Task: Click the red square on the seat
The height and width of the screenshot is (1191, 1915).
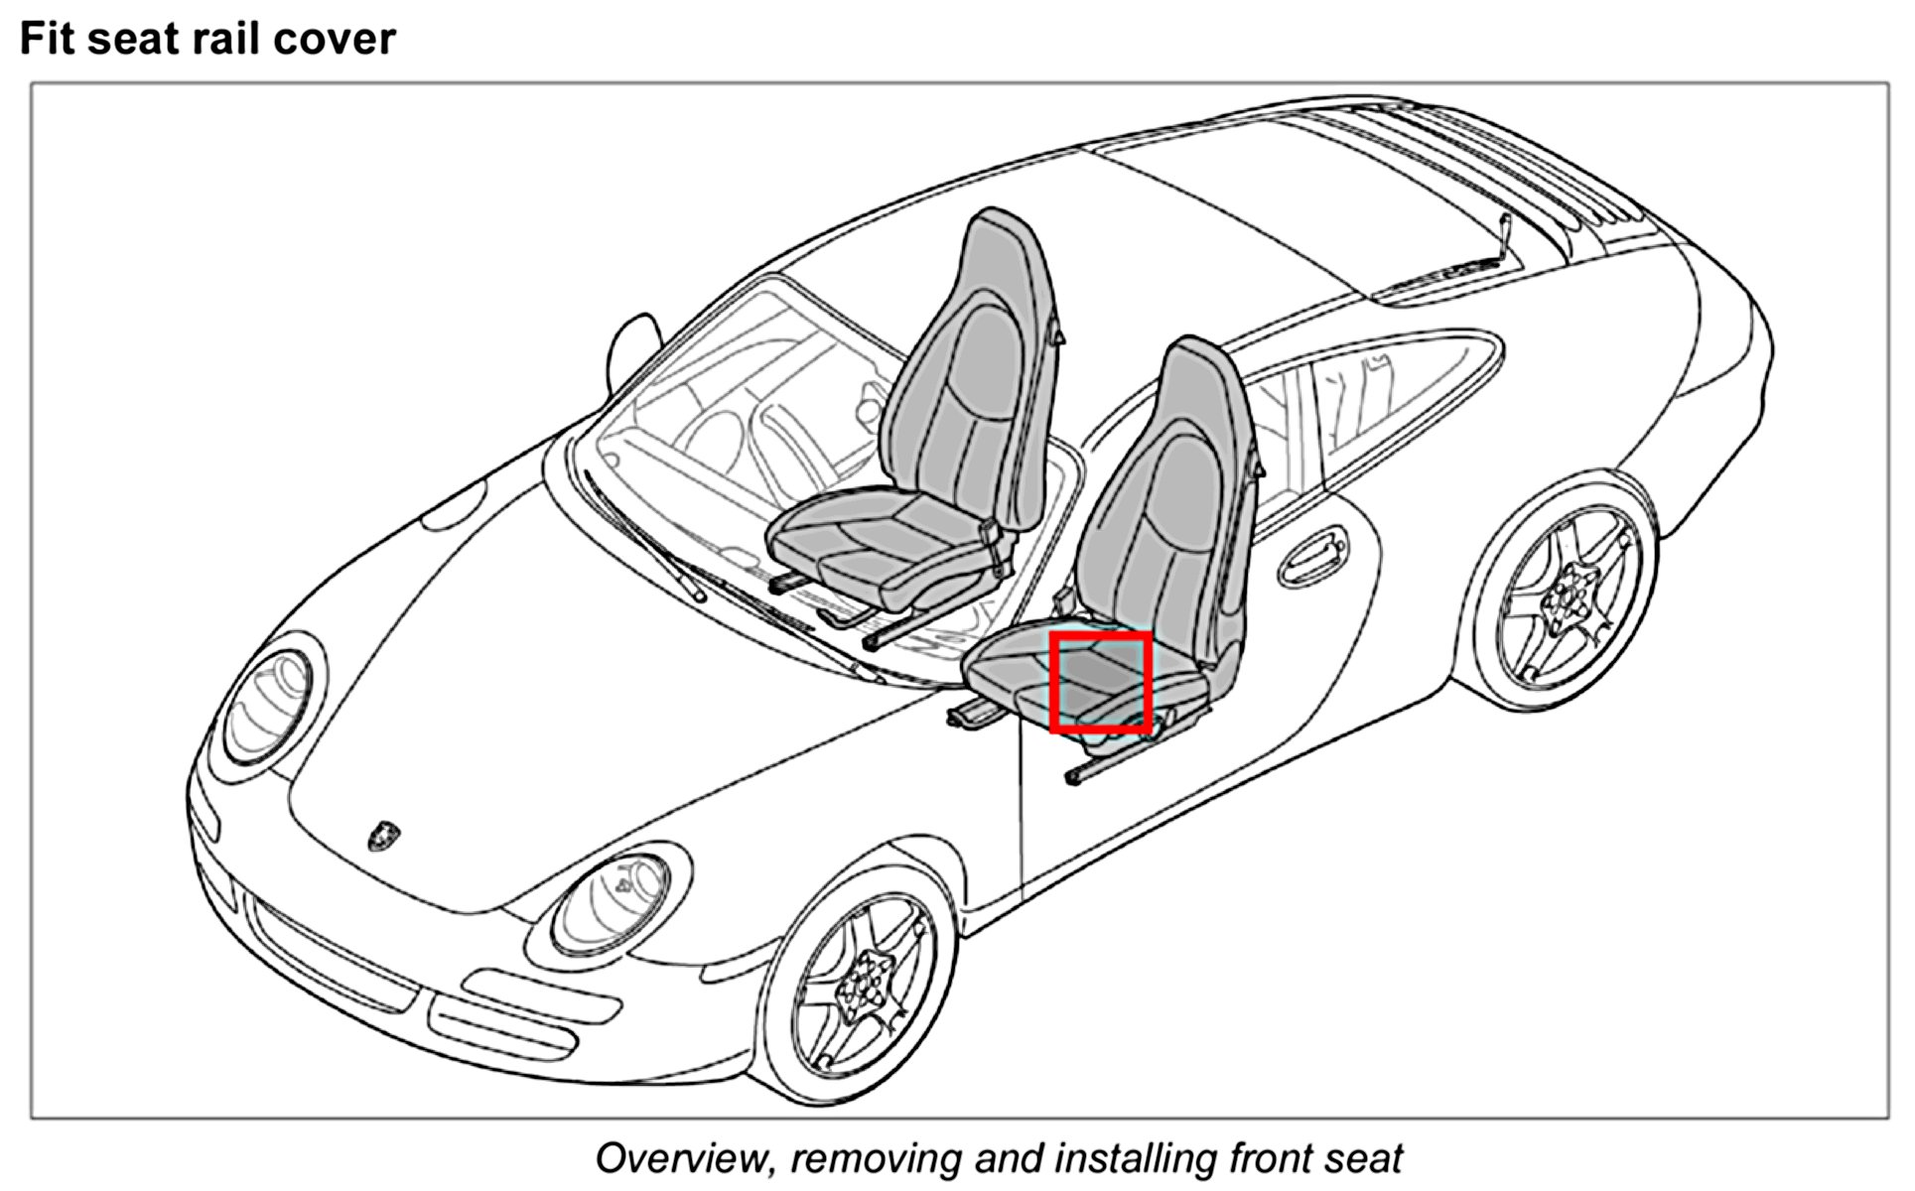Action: click(x=1100, y=683)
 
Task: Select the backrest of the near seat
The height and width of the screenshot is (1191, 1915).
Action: click(x=1171, y=496)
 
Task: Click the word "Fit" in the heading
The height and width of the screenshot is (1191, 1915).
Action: click(x=48, y=39)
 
